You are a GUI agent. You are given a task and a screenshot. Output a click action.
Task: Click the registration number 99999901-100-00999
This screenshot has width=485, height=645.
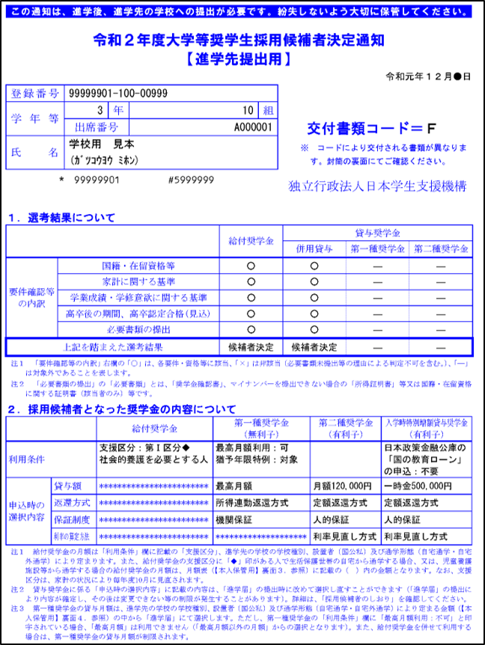click(118, 94)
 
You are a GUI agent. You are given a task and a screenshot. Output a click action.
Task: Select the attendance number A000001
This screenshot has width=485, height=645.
click(252, 127)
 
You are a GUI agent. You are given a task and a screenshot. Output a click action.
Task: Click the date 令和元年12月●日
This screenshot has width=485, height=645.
click(427, 76)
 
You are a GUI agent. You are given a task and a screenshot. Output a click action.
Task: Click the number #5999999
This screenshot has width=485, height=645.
click(191, 180)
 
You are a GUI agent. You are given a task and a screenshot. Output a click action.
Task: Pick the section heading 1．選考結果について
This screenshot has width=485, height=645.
click(61, 218)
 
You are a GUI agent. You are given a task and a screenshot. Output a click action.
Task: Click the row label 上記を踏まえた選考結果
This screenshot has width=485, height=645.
click(123, 347)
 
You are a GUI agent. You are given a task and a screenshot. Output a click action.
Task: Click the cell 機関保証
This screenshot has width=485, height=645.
click(234, 519)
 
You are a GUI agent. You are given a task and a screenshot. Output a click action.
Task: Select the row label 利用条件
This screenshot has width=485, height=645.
click(28, 456)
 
